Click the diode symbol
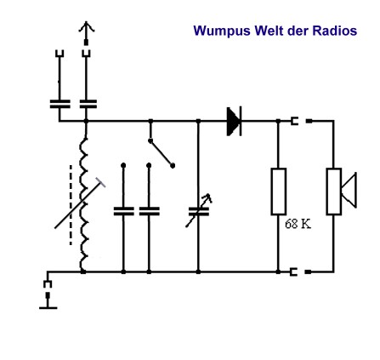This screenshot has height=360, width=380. click(x=235, y=121)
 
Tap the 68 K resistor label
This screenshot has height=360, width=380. click(x=298, y=224)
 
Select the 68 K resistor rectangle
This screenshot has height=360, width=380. click(x=279, y=191)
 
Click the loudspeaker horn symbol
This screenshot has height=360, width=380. click(x=349, y=190)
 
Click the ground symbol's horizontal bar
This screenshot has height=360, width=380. click(x=48, y=308)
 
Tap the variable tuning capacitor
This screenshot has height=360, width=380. click(x=199, y=211)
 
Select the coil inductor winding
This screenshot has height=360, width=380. click(x=84, y=204)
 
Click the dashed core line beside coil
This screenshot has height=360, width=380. click(x=71, y=205)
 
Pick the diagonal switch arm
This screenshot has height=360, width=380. click(x=162, y=153)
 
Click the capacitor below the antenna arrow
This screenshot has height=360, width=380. click(x=88, y=104)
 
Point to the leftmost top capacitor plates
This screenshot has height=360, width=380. click(x=60, y=104)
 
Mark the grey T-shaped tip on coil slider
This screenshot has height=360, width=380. click(x=100, y=182)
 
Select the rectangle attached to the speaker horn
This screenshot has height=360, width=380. click(x=334, y=191)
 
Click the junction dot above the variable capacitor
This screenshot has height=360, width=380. click(x=198, y=121)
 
